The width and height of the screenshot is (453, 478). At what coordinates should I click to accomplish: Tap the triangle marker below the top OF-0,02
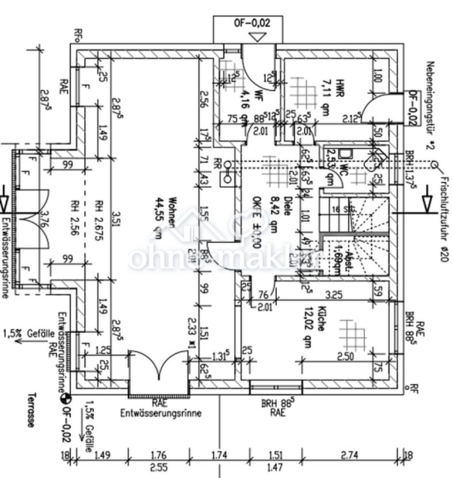coord(258,37)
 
